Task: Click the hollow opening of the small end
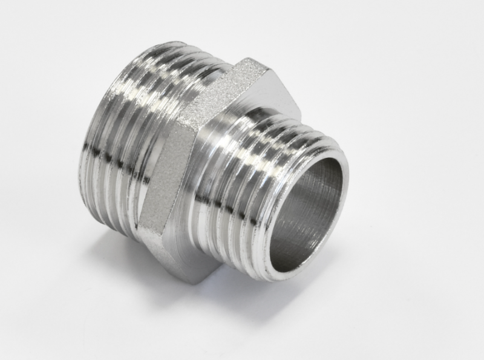click(306, 209)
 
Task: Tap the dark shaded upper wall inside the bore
click(315, 182)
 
